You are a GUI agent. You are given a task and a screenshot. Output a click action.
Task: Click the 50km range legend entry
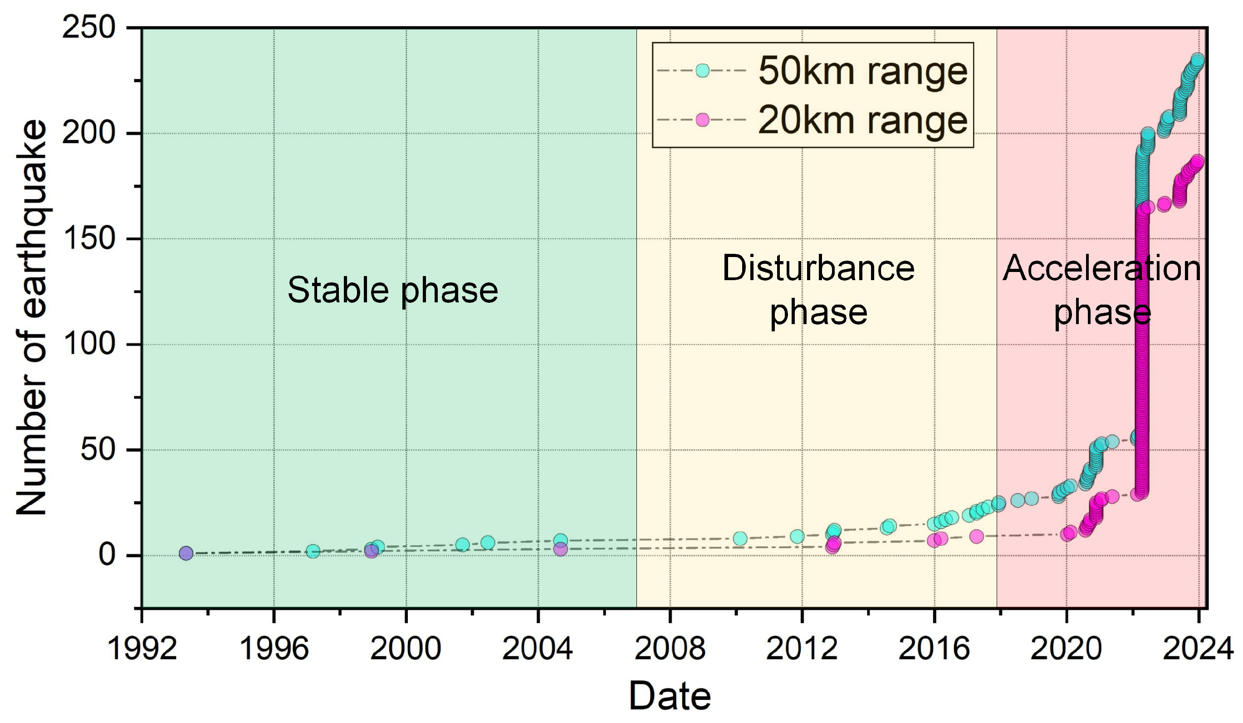[862, 71]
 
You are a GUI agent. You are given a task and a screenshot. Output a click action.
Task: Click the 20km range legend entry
[862, 120]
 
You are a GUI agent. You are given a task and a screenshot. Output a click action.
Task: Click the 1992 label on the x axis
[142, 649]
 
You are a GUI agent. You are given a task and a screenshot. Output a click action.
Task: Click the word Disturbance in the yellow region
[818, 269]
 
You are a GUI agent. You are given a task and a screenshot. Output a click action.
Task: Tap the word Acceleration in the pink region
[1101, 269]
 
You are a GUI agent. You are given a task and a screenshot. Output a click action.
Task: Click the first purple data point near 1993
[186, 553]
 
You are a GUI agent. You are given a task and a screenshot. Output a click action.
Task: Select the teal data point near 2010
[740, 539]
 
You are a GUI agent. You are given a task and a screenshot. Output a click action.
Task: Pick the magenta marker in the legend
[702, 120]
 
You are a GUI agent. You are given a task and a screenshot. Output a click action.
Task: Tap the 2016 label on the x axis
[934, 649]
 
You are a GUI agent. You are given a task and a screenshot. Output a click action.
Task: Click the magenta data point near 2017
[976, 536]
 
